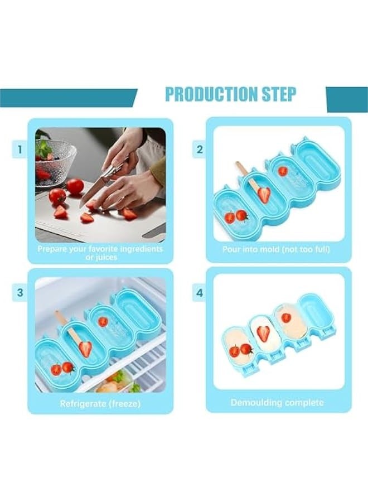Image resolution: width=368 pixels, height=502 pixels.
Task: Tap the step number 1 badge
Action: click(x=20, y=149)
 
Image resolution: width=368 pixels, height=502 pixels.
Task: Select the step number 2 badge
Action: click(x=199, y=149)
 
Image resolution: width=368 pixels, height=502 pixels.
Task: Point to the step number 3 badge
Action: click(x=20, y=292)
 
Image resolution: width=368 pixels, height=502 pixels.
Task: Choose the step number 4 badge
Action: click(x=199, y=292)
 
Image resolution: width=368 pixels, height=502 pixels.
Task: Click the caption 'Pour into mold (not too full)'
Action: click(x=276, y=249)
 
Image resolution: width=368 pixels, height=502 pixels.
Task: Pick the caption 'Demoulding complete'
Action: click(x=277, y=402)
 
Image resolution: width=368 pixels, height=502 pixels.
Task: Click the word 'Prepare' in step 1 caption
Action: click(x=52, y=249)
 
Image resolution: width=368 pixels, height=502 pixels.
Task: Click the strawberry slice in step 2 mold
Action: click(x=264, y=195)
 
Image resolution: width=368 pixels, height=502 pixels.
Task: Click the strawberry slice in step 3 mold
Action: click(x=85, y=349)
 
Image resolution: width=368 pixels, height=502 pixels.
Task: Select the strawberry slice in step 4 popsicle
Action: click(x=263, y=334)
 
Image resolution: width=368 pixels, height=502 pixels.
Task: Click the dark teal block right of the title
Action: click(x=346, y=99)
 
